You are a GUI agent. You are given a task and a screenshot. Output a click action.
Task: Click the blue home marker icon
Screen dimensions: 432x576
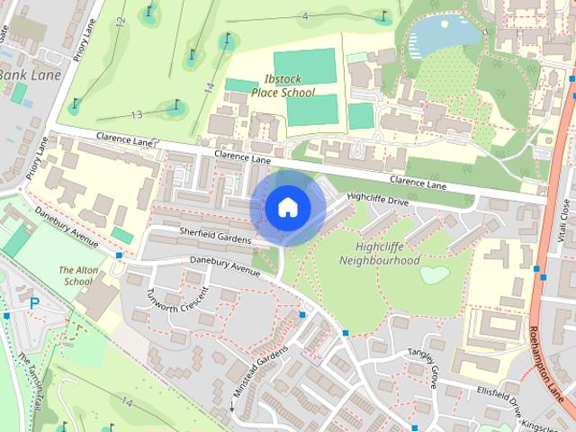(287, 207)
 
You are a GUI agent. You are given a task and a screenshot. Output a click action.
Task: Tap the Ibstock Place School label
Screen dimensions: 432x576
(290, 85)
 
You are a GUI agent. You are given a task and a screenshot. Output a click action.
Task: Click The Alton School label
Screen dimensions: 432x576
(76, 275)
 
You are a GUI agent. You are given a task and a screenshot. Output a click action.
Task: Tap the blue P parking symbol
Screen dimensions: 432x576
(34, 304)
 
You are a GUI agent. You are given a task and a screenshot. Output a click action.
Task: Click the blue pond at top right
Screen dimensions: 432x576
(441, 34)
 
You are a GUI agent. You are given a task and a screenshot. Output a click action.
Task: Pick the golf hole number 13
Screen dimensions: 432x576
(137, 114)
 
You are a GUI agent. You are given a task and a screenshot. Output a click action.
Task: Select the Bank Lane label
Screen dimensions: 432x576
(31, 75)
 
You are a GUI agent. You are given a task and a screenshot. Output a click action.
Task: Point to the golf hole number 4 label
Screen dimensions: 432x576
(305, 16)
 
